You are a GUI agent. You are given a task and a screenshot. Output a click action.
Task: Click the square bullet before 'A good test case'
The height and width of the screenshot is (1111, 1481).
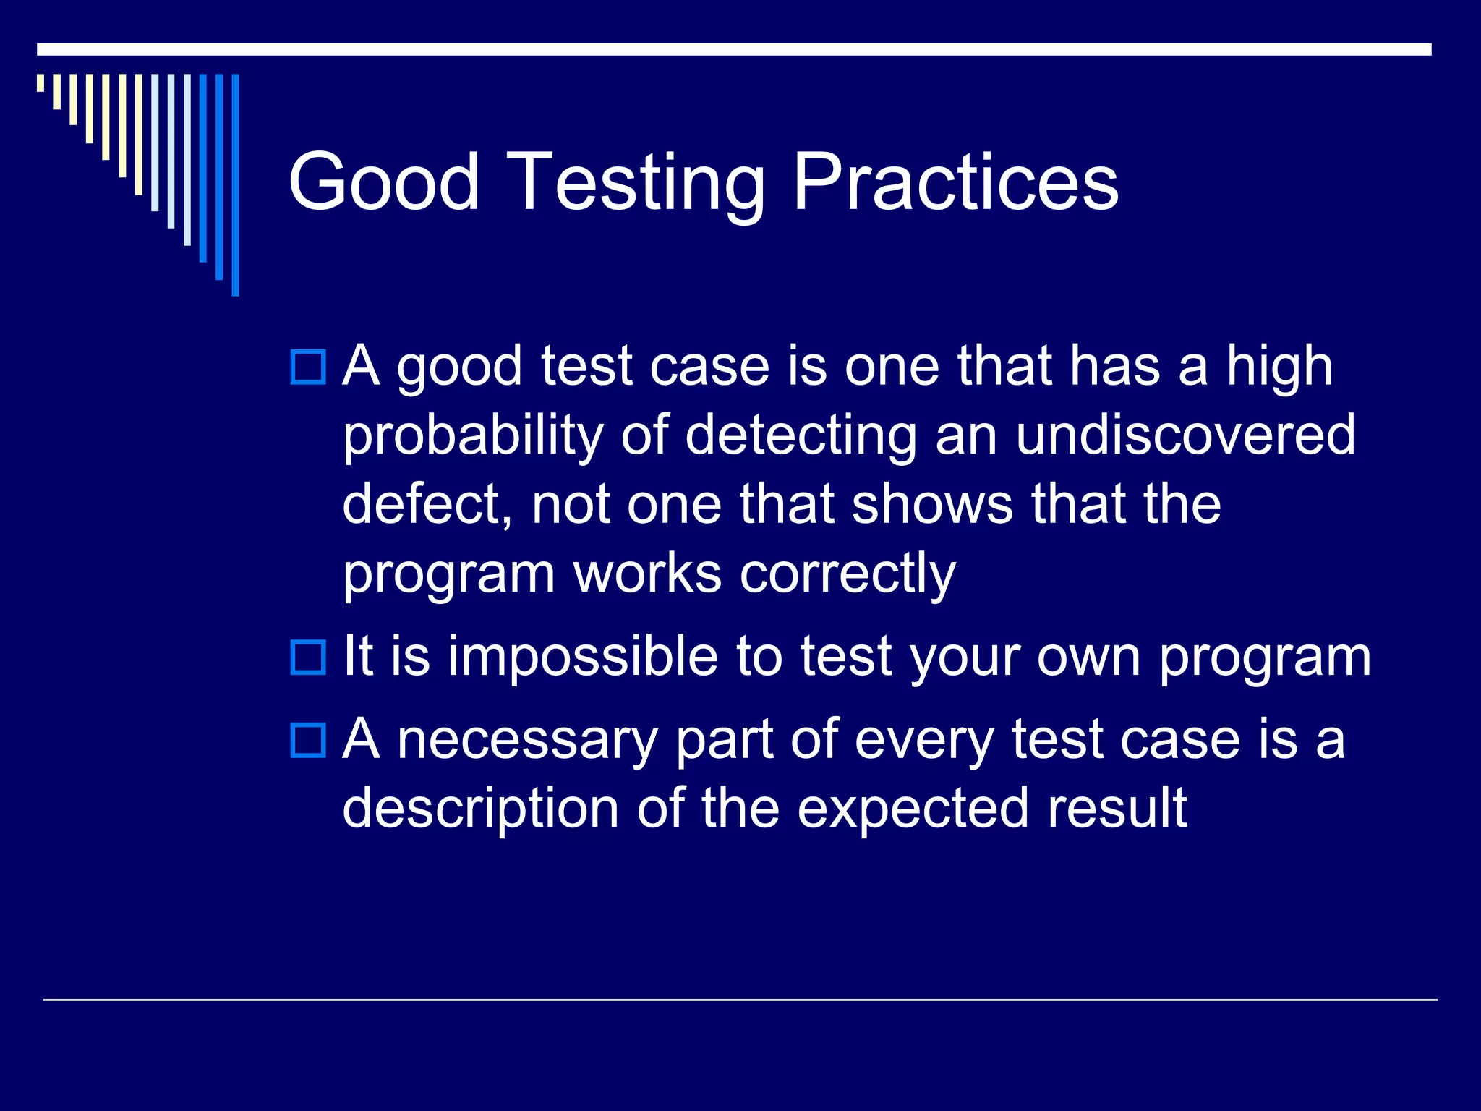click(308, 367)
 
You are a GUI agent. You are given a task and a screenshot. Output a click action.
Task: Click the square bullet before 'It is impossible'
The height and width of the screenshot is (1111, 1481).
click(308, 657)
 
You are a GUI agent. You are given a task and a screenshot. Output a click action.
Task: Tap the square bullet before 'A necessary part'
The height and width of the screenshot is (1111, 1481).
click(308, 740)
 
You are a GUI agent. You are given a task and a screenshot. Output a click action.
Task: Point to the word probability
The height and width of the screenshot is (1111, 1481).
click(472, 438)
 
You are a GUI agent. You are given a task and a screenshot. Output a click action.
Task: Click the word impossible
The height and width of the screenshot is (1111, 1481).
click(583, 657)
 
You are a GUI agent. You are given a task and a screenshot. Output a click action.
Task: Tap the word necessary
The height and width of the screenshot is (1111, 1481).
click(527, 741)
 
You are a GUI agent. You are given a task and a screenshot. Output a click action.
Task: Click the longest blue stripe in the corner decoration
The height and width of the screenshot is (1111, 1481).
click(235, 184)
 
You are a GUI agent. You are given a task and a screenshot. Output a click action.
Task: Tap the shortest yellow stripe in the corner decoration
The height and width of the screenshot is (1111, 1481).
click(40, 82)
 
